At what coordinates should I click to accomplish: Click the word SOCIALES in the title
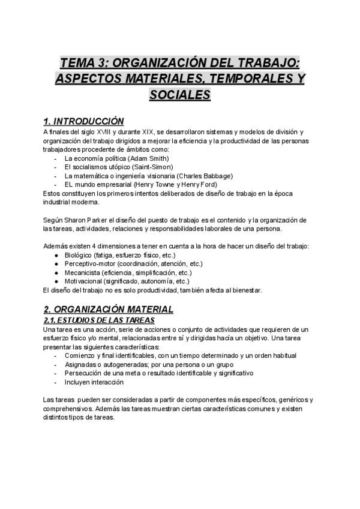tap(180, 95)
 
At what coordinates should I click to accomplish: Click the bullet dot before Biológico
tap(56, 255)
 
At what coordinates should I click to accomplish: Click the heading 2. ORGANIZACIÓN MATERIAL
tap(109, 309)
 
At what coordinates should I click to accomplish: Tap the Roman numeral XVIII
tap(113, 132)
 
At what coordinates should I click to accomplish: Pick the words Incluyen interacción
tap(94, 382)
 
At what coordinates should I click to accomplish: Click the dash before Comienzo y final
tap(56, 356)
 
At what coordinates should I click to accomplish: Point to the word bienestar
tap(245, 291)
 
